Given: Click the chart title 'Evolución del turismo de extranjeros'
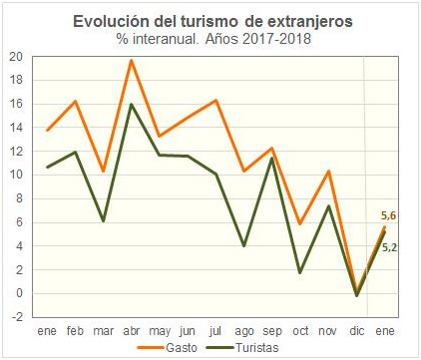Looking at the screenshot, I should (210, 21).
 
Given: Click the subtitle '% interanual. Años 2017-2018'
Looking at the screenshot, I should (210, 39).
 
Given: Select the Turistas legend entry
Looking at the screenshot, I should (247, 347).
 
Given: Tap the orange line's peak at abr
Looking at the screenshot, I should (131, 61).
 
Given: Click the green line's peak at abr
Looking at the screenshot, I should (131, 104).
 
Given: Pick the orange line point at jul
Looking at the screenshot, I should (216, 100).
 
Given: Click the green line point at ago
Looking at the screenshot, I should (244, 245).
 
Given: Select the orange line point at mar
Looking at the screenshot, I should (103, 172).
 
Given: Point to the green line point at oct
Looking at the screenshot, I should (300, 272).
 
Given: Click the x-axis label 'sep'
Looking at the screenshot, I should (272, 330).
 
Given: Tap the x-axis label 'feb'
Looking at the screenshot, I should (75, 330).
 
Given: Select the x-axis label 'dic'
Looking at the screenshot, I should (356, 330).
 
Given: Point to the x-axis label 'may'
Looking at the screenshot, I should (160, 330).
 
